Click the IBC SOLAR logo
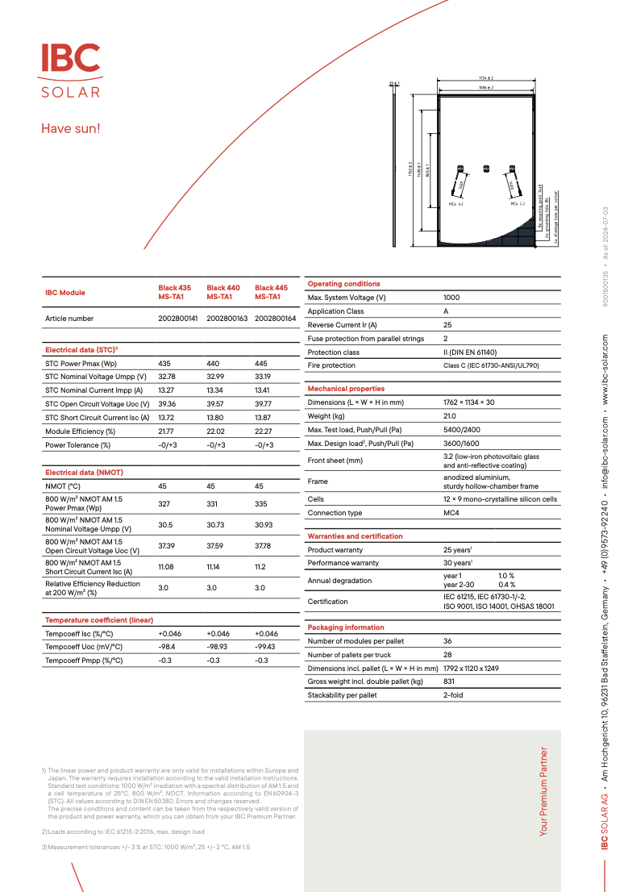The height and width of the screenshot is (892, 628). pyautogui.click(x=71, y=70)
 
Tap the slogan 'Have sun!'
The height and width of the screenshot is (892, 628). pyautogui.click(x=71, y=128)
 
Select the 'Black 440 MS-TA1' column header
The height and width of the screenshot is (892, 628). pyautogui.click(x=223, y=292)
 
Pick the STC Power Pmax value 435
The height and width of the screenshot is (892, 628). pyautogui.click(x=164, y=364)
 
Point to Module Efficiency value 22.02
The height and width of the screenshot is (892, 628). pyautogui.click(x=215, y=431)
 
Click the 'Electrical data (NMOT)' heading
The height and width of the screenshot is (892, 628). pyautogui.click(x=84, y=472)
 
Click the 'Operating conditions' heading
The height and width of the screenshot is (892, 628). pyautogui.click(x=344, y=284)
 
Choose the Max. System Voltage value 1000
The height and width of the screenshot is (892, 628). pyautogui.click(x=451, y=298)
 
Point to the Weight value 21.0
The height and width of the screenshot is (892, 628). pyautogui.click(x=450, y=416)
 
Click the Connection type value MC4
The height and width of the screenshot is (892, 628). pyautogui.click(x=451, y=513)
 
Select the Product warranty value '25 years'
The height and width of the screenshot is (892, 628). pyautogui.click(x=457, y=550)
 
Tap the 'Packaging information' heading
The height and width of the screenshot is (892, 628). pyautogui.click(x=346, y=627)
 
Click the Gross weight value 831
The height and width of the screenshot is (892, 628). pyautogui.click(x=449, y=682)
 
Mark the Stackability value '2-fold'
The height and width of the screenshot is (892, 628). pyautogui.click(x=453, y=695)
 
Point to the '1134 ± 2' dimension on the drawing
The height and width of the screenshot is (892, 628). pyautogui.click(x=485, y=77)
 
